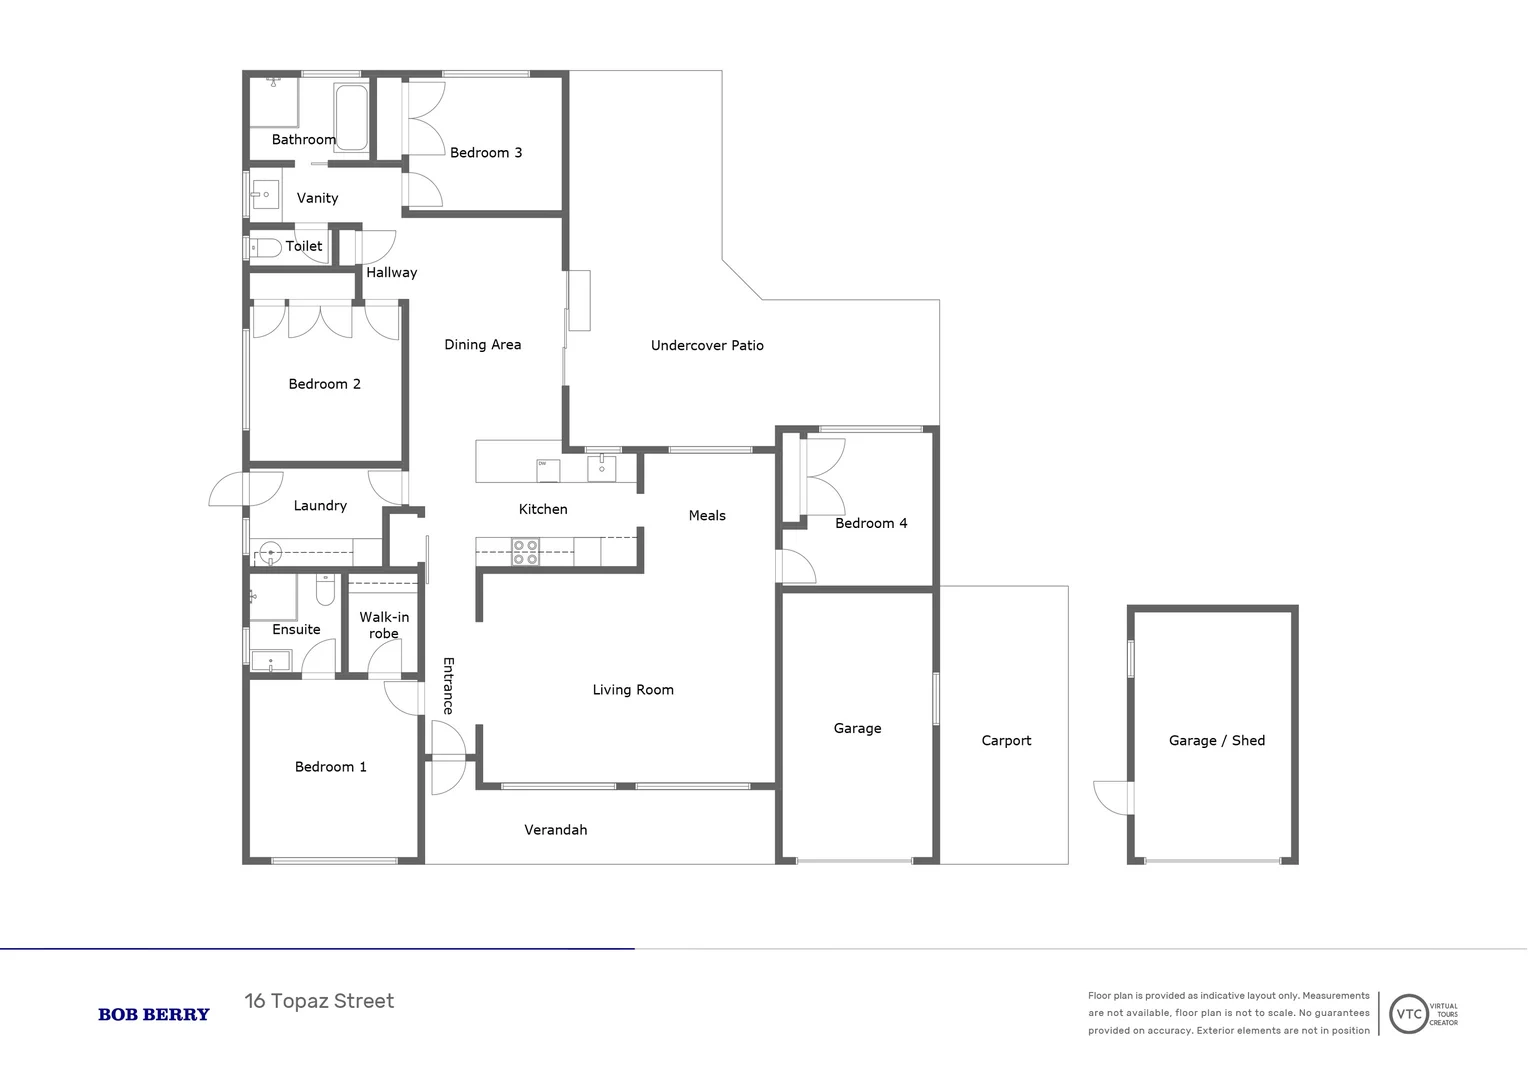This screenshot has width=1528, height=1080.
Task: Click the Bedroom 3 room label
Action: [x=486, y=153]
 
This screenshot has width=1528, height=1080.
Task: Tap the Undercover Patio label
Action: [x=707, y=346]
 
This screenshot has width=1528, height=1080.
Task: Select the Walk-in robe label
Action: [x=384, y=625]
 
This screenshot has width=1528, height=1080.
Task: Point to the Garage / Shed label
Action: [x=1216, y=741]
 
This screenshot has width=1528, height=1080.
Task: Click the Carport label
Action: [x=1005, y=741]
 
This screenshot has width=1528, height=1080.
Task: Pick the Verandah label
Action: [x=555, y=830]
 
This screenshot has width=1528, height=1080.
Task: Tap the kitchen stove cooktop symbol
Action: [x=525, y=552]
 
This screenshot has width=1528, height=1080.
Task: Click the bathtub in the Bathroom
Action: [x=350, y=117]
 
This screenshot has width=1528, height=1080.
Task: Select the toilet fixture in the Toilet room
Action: [x=265, y=247]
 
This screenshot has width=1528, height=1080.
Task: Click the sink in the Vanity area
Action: [x=265, y=195]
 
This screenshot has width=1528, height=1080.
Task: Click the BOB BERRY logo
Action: [x=154, y=1014]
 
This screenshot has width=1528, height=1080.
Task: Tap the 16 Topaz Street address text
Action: [x=319, y=1001]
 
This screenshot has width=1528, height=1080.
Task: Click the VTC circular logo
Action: [x=1408, y=1014]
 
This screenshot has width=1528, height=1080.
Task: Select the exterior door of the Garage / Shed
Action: [x=1113, y=797]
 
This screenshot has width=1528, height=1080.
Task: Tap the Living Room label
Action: [x=633, y=690]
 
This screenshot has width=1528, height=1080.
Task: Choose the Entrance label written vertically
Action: [x=448, y=685]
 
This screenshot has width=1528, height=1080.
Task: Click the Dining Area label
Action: [x=482, y=345]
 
